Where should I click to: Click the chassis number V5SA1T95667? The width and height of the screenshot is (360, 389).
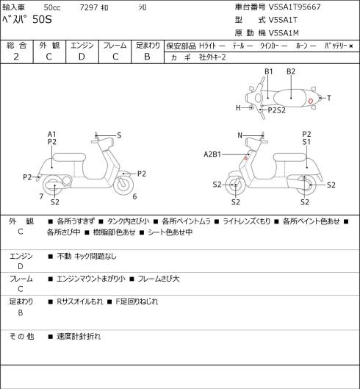(x=295, y=7)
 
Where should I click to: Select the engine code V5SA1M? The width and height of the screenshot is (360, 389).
(x=284, y=33)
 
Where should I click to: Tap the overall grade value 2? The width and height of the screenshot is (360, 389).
(x=16, y=57)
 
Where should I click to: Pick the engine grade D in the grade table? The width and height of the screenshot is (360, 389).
(x=82, y=57)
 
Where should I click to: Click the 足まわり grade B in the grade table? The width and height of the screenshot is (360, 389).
(x=147, y=57)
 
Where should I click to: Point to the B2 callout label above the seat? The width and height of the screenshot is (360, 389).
(x=291, y=71)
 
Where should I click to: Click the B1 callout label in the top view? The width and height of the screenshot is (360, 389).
(x=268, y=71)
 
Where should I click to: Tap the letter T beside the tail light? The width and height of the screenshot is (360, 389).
(x=328, y=98)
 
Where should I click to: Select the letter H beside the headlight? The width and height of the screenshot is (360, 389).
(x=238, y=107)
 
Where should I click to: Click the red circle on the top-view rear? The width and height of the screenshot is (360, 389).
(x=310, y=101)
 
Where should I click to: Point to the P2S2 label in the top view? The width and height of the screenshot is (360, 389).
(x=277, y=110)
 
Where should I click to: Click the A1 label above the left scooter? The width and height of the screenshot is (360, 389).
(x=52, y=135)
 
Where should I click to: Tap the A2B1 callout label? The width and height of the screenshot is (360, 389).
(x=212, y=154)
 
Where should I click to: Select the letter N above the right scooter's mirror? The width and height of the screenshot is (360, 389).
(x=240, y=135)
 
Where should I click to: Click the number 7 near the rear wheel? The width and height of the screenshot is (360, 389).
(x=41, y=196)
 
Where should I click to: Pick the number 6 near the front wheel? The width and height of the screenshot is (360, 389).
(x=134, y=196)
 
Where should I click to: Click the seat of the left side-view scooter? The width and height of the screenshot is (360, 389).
(x=69, y=157)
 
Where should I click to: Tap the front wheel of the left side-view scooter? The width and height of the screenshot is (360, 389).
(x=123, y=185)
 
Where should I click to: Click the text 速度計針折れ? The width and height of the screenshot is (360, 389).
(x=79, y=336)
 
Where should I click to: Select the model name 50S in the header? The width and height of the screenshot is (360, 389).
(x=42, y=19)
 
